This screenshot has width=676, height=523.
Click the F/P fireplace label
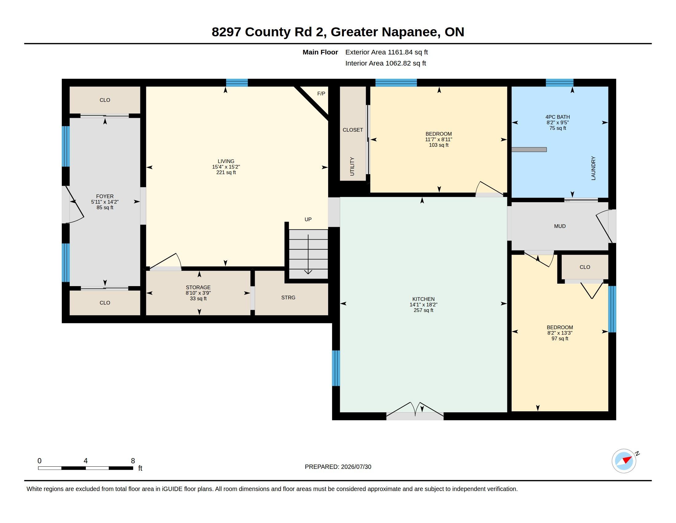[321, 94]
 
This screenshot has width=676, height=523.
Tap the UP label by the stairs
[308, 219]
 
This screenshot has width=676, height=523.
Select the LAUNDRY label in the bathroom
[593, 168]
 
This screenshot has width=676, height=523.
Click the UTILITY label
[352, 166]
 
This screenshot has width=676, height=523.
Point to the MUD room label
[560, 226]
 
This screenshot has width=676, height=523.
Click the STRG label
[288, 297]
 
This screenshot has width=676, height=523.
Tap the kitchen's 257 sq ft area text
[423, 310]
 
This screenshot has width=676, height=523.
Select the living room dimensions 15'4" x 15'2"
[226, 167]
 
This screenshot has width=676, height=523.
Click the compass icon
[624, 461]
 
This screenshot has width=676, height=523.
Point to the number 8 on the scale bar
[133, 461]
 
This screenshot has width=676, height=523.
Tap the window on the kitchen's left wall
[336, 368]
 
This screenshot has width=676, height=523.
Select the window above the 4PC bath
[559, 83]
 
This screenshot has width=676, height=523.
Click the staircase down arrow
[308, 254]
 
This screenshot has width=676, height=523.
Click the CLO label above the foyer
[105, 100]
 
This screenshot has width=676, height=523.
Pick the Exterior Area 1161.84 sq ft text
[387, 52]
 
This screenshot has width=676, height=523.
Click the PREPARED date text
[338, 467]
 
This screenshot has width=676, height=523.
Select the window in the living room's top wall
[237, 83]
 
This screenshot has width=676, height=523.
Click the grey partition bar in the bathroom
[529, 150]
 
